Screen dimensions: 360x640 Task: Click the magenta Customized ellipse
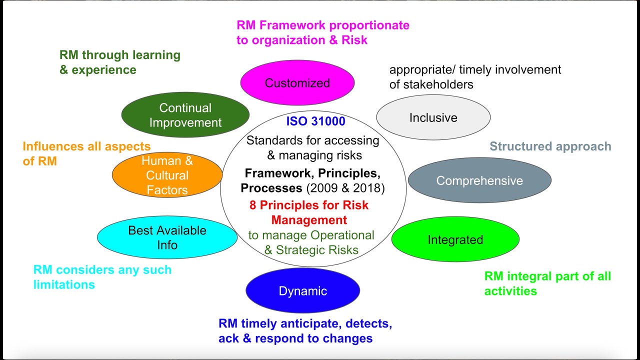(297, 83)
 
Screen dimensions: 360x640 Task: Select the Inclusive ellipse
(433, 117)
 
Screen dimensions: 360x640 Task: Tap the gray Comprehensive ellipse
(479, 180)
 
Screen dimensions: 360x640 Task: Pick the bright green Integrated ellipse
(455, 240)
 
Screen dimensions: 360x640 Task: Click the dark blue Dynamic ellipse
(302, 291)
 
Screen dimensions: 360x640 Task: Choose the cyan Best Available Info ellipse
(167, 237)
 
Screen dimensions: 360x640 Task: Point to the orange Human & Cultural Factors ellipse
(167, 175)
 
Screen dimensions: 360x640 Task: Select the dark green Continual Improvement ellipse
(185, 115)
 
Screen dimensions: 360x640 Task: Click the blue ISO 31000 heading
(315, 121)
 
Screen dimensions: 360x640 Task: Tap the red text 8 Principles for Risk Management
(309, 212)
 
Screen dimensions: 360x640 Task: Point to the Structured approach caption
(550, 146)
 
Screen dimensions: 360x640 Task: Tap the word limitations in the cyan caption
(64, 284)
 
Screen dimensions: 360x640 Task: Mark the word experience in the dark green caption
(104, 70)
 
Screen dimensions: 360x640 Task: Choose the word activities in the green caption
(510, 290)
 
